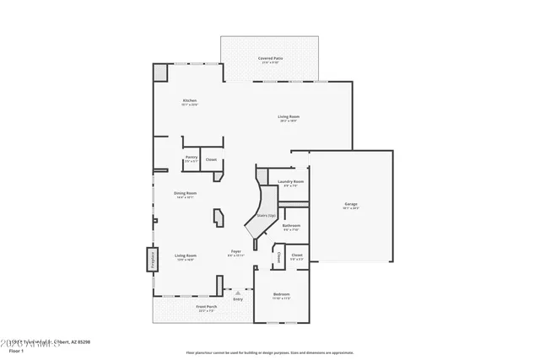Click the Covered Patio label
pos(272,58)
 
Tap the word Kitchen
pos(190,101)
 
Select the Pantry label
pos(191,159)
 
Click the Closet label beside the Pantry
pos(211,159)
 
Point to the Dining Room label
pos(185,193)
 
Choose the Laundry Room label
pos(290,181)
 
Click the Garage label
pos(350,204)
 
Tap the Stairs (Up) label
pos(267,217)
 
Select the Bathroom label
pos(292,225)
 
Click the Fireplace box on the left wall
pos(153,259)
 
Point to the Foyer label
pos(236,252)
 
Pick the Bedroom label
pos(281,294)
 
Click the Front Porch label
pos(182,309)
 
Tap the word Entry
pos(238,299)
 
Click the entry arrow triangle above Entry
pos(238,291)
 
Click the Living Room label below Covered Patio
pos(290,116)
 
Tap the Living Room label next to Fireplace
pos(186,255)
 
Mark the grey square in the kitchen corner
pos(160,73)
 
